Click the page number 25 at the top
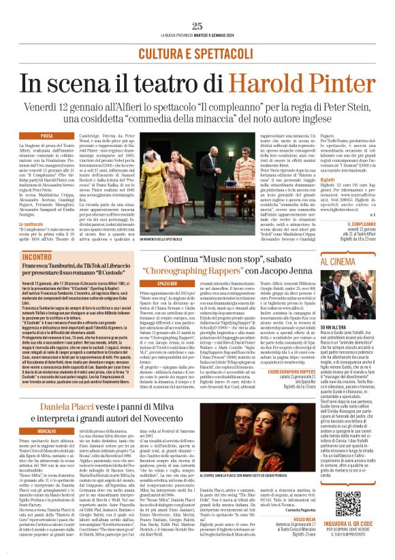[197, 26]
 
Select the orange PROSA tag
[47, 136]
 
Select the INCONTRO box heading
[36, 258]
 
